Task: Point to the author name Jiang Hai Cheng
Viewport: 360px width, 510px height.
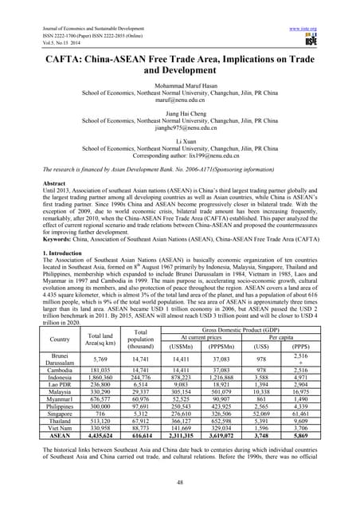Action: pyautogui.click(x=179, y=113)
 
